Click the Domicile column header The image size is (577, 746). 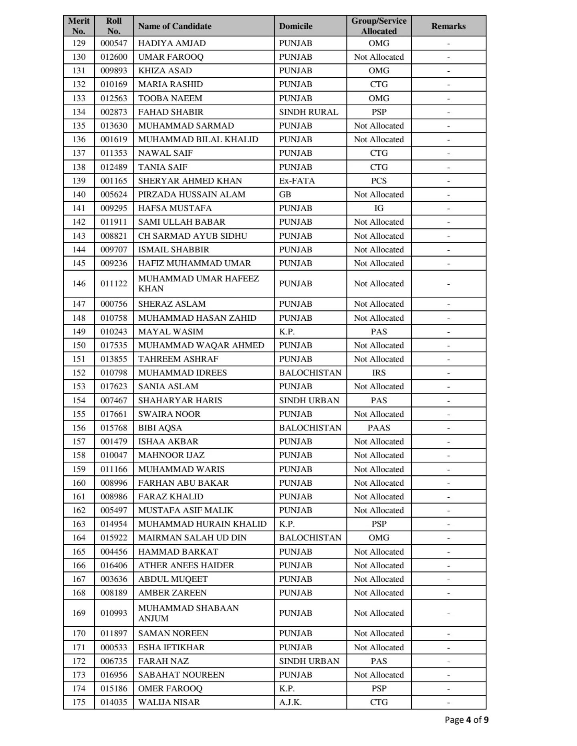296,26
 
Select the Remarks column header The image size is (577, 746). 448,26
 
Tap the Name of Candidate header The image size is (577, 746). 175,26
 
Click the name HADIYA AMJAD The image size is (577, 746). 172,43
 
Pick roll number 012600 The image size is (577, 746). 114,57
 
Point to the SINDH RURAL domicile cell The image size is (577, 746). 309,112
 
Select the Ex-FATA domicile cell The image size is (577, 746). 297,181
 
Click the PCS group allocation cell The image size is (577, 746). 379,181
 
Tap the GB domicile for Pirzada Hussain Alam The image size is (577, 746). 285,195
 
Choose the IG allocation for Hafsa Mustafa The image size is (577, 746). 379,208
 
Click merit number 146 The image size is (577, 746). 79,284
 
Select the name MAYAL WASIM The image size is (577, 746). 171,332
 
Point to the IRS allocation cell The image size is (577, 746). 379,373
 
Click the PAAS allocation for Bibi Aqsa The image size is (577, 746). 379,428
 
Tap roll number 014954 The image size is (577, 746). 114,524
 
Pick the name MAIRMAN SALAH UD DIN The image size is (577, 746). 192,538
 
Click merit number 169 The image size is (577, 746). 79,613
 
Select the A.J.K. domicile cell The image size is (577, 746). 291,702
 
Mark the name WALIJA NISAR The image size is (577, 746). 169,702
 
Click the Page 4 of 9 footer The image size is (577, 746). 466,720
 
